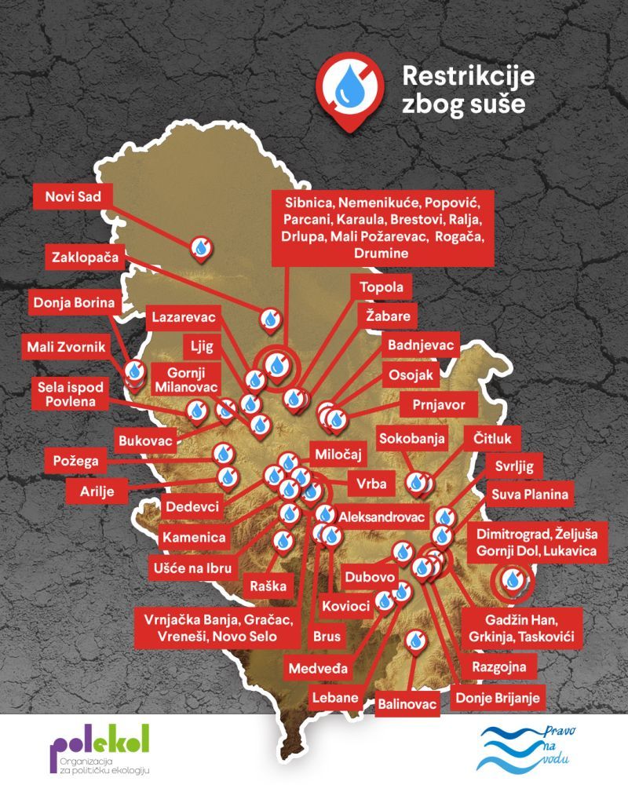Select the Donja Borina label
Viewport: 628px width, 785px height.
74,302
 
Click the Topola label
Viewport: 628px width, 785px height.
381,287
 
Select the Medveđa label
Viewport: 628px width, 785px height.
318,669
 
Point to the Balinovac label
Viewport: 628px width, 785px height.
407,704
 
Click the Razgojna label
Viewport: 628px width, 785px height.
504,667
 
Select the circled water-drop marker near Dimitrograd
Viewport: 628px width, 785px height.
513,579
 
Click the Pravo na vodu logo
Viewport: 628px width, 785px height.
535,749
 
